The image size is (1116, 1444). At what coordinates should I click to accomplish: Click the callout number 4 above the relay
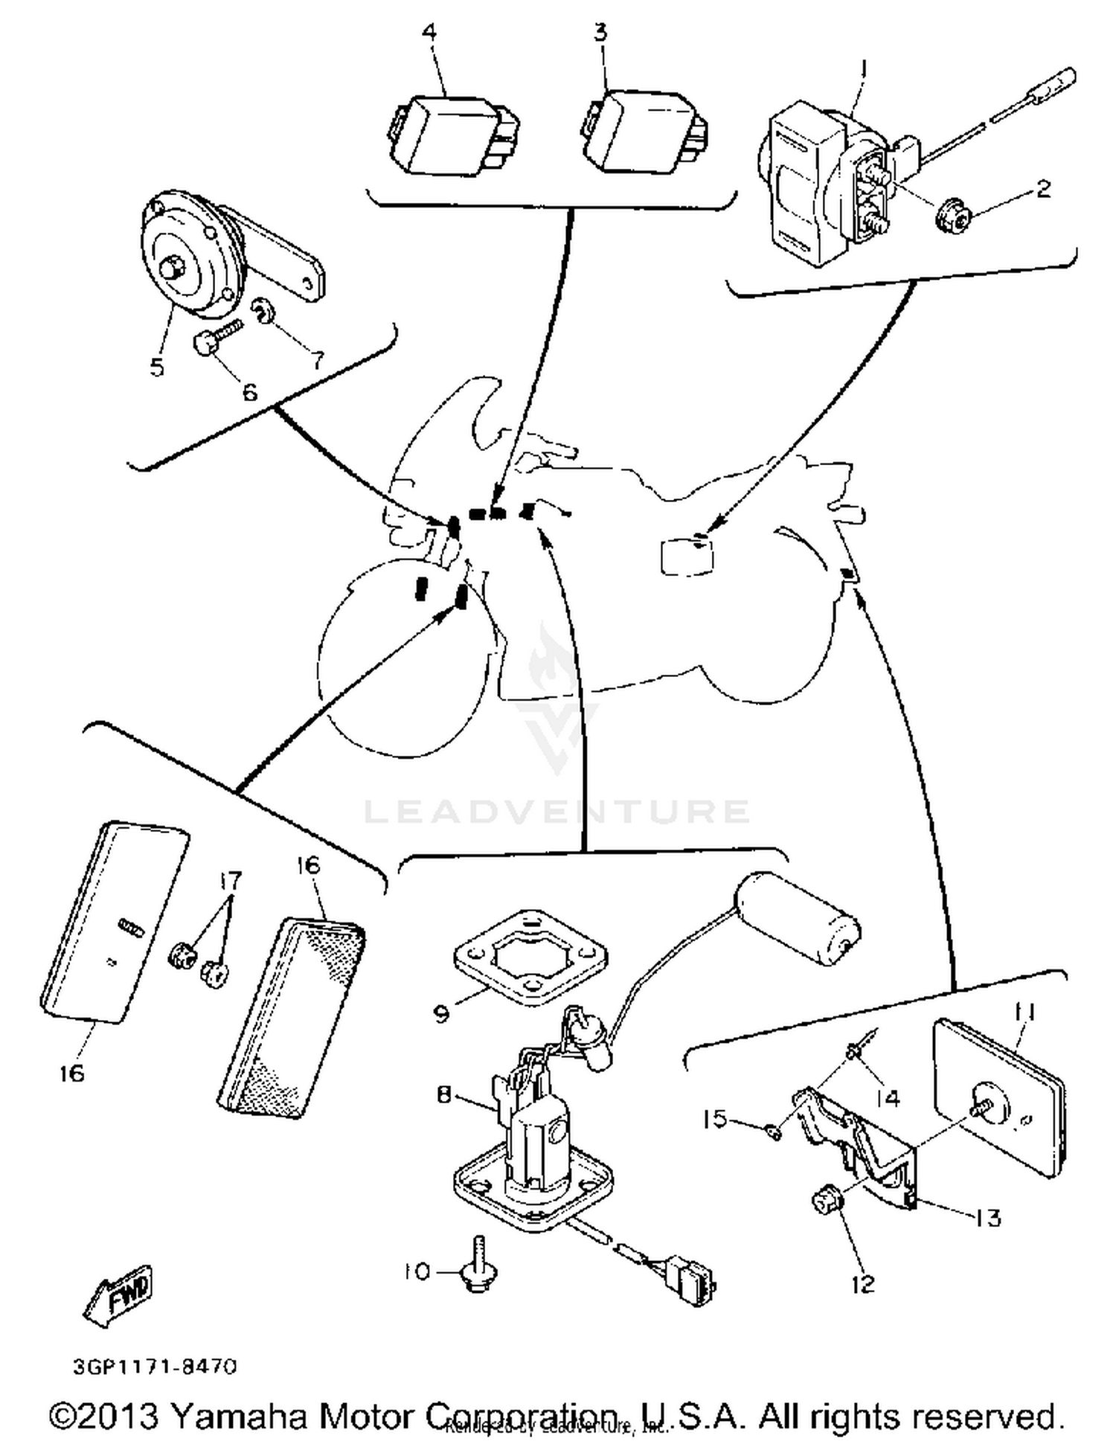tap(429, 33)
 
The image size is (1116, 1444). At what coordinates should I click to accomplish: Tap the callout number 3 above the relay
tap(600, 32)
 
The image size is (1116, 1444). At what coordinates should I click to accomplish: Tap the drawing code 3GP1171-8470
tap(155, 1367)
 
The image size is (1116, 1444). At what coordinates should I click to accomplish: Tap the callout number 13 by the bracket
tap(987, 1218)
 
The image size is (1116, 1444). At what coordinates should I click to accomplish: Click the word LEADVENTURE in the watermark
tap(557, 812)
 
